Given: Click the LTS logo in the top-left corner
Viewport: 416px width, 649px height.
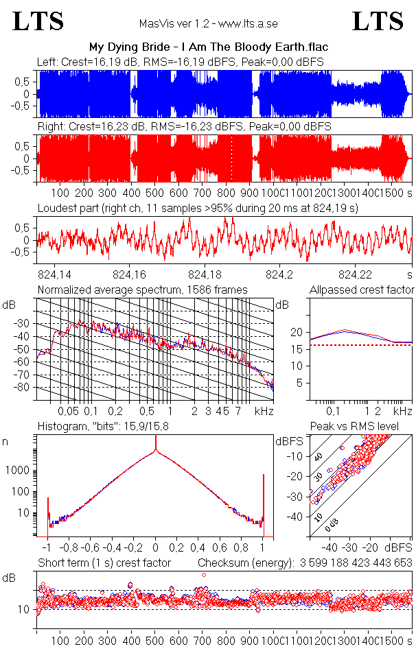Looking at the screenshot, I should (38, 21).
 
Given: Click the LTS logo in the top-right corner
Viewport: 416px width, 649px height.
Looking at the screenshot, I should (378, 21).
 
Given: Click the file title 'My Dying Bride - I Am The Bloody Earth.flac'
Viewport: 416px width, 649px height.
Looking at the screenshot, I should (209, 47).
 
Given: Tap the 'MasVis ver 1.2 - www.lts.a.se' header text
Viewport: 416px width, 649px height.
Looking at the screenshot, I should (209, 23).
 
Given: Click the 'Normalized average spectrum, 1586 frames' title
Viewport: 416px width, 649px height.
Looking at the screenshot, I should (143, 290).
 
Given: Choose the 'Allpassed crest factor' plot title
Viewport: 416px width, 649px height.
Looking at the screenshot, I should (362, 290).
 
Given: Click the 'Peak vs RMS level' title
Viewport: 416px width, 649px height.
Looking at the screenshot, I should (364, 427).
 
